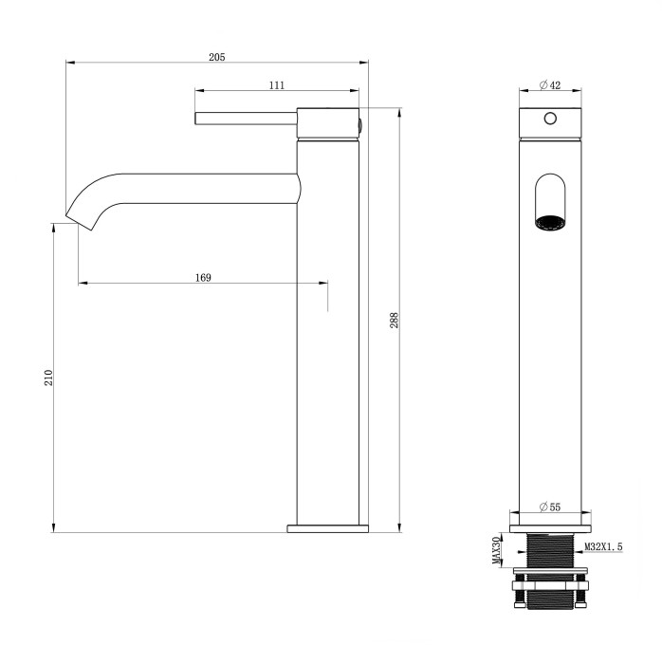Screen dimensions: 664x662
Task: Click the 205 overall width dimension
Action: click(x=216, y=57)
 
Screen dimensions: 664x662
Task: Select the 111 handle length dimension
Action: click(x=276, y=85)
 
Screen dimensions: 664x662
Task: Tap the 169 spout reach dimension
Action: click(x=202, y=277)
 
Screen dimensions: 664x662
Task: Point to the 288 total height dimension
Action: click(x=393, y=321)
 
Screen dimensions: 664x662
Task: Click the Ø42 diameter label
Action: click(x=550, y=85)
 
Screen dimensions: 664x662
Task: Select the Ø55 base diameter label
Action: click(x=550, y=507)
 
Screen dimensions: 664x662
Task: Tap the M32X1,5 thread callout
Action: click(x=603, y=547)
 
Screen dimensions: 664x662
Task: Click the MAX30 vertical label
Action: click(x=495, y=549)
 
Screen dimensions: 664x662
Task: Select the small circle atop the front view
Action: click(x=549, y=120)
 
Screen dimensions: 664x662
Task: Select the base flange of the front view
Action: click(x=550, y=525)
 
